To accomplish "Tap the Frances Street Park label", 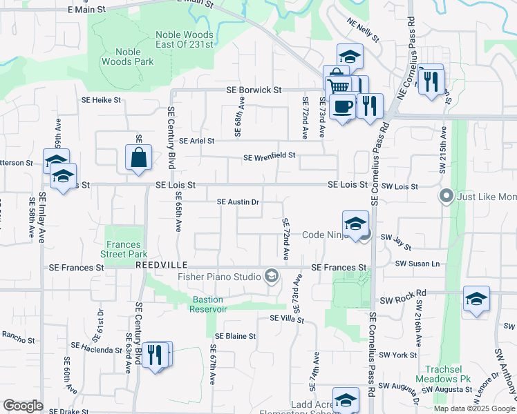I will tap(124, 249).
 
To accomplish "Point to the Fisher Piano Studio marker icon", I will tap(272, 277).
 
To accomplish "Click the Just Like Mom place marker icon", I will tap(446, 197).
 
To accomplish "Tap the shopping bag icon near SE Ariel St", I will tap(139, 157).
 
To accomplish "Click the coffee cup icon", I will tap(342, 106).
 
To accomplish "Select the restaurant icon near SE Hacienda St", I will tap(156, 355).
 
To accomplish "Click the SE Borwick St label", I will tap(254, 90).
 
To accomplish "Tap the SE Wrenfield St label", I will tap(269, 157).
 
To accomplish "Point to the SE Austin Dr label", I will tap(238, 202).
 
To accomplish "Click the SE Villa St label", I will tap(287, 318).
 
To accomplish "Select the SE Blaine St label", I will tap(235, 336).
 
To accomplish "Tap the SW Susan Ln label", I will tap(417, 264).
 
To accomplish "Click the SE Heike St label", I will tap(102, 100).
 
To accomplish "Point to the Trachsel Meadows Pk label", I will tap(447, 374).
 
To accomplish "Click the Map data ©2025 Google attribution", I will tap(473, 408).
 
